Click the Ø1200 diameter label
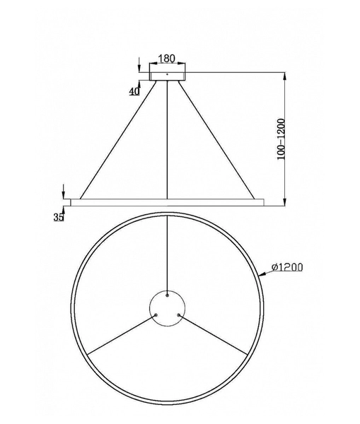pyautogui.click(x=287, y=267)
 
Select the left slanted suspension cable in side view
pyautogui.click(x=119, y=139)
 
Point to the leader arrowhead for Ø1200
pyautogui.click(x=265, y=274)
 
